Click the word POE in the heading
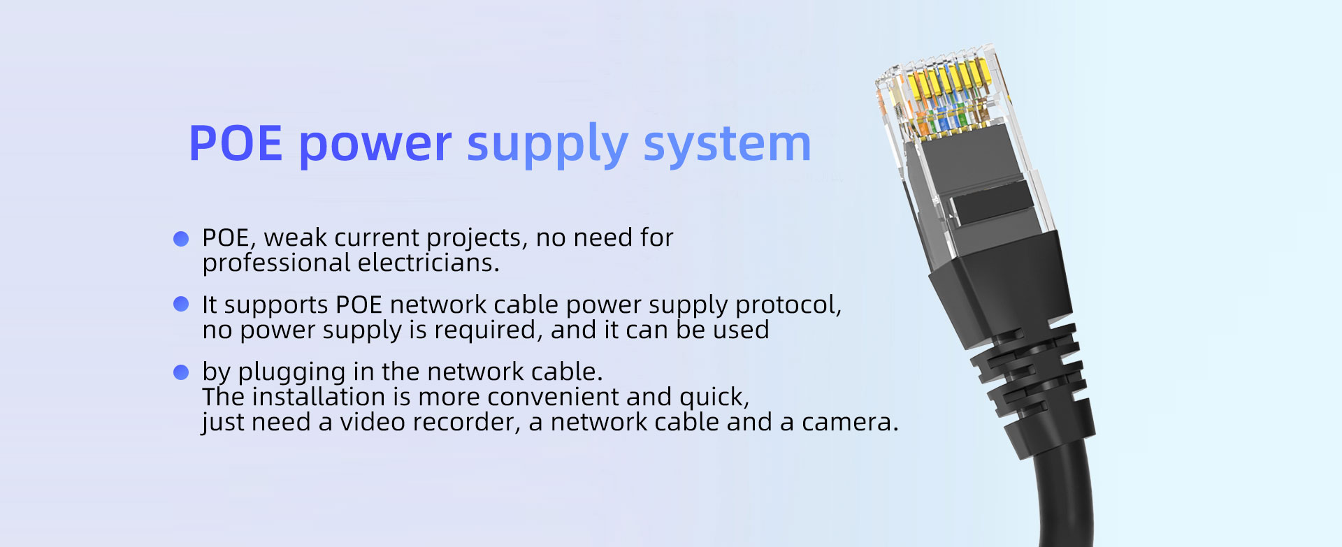click(x=236, y=144)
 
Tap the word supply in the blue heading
click(x=547, y=145)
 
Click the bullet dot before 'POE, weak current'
click(x=181, y=239)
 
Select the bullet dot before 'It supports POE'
click(x=181, y=304)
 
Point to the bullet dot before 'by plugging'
click(x=181, y=372)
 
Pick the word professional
click(x=276, y=263)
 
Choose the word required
click(x=489, y=330)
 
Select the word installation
click(x=318, y=397)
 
